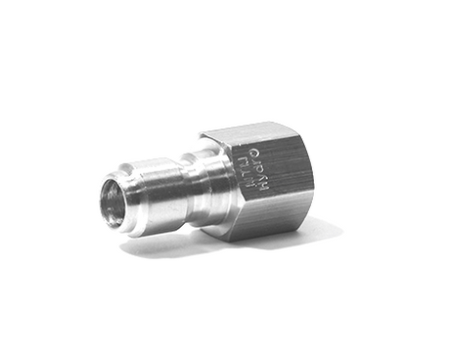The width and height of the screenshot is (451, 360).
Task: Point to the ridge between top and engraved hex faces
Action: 264,141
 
